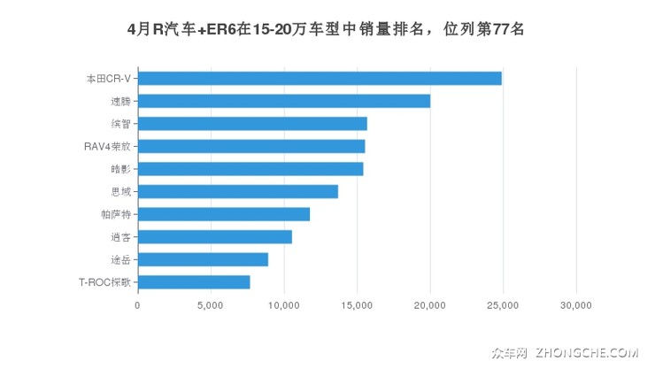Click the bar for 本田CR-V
pyautogui.click(x=320, y=78)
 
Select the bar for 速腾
pyautogui.click(x=284, y=101)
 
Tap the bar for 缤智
pyautogui.click(x=252, y=124)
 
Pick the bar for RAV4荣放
pyautogui.click(x=251, y=146)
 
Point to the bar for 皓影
pyautogui.click(x=250, y=169)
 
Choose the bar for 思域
pyautogui.click(x=238, y=191)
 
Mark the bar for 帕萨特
pyautogui.click(x=224, y=214)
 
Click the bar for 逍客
pyautogui.click(x=215, y=237)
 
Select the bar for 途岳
pyautogui.click(x=203, y=259)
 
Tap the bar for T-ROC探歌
pyautogui.click(x=194, y=282)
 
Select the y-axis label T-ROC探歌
pyautogui.click(x=104, y=282)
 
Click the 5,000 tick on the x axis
pyautogui.click(x=211, y=304)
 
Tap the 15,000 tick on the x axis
pyautogui.click(x=357, y=304)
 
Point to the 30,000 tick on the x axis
pyautogui.click(x=576, y=304)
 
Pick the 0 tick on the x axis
pyautogui.click(x=138, y=304)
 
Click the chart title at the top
pyautogui.click(x=327, y=29)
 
